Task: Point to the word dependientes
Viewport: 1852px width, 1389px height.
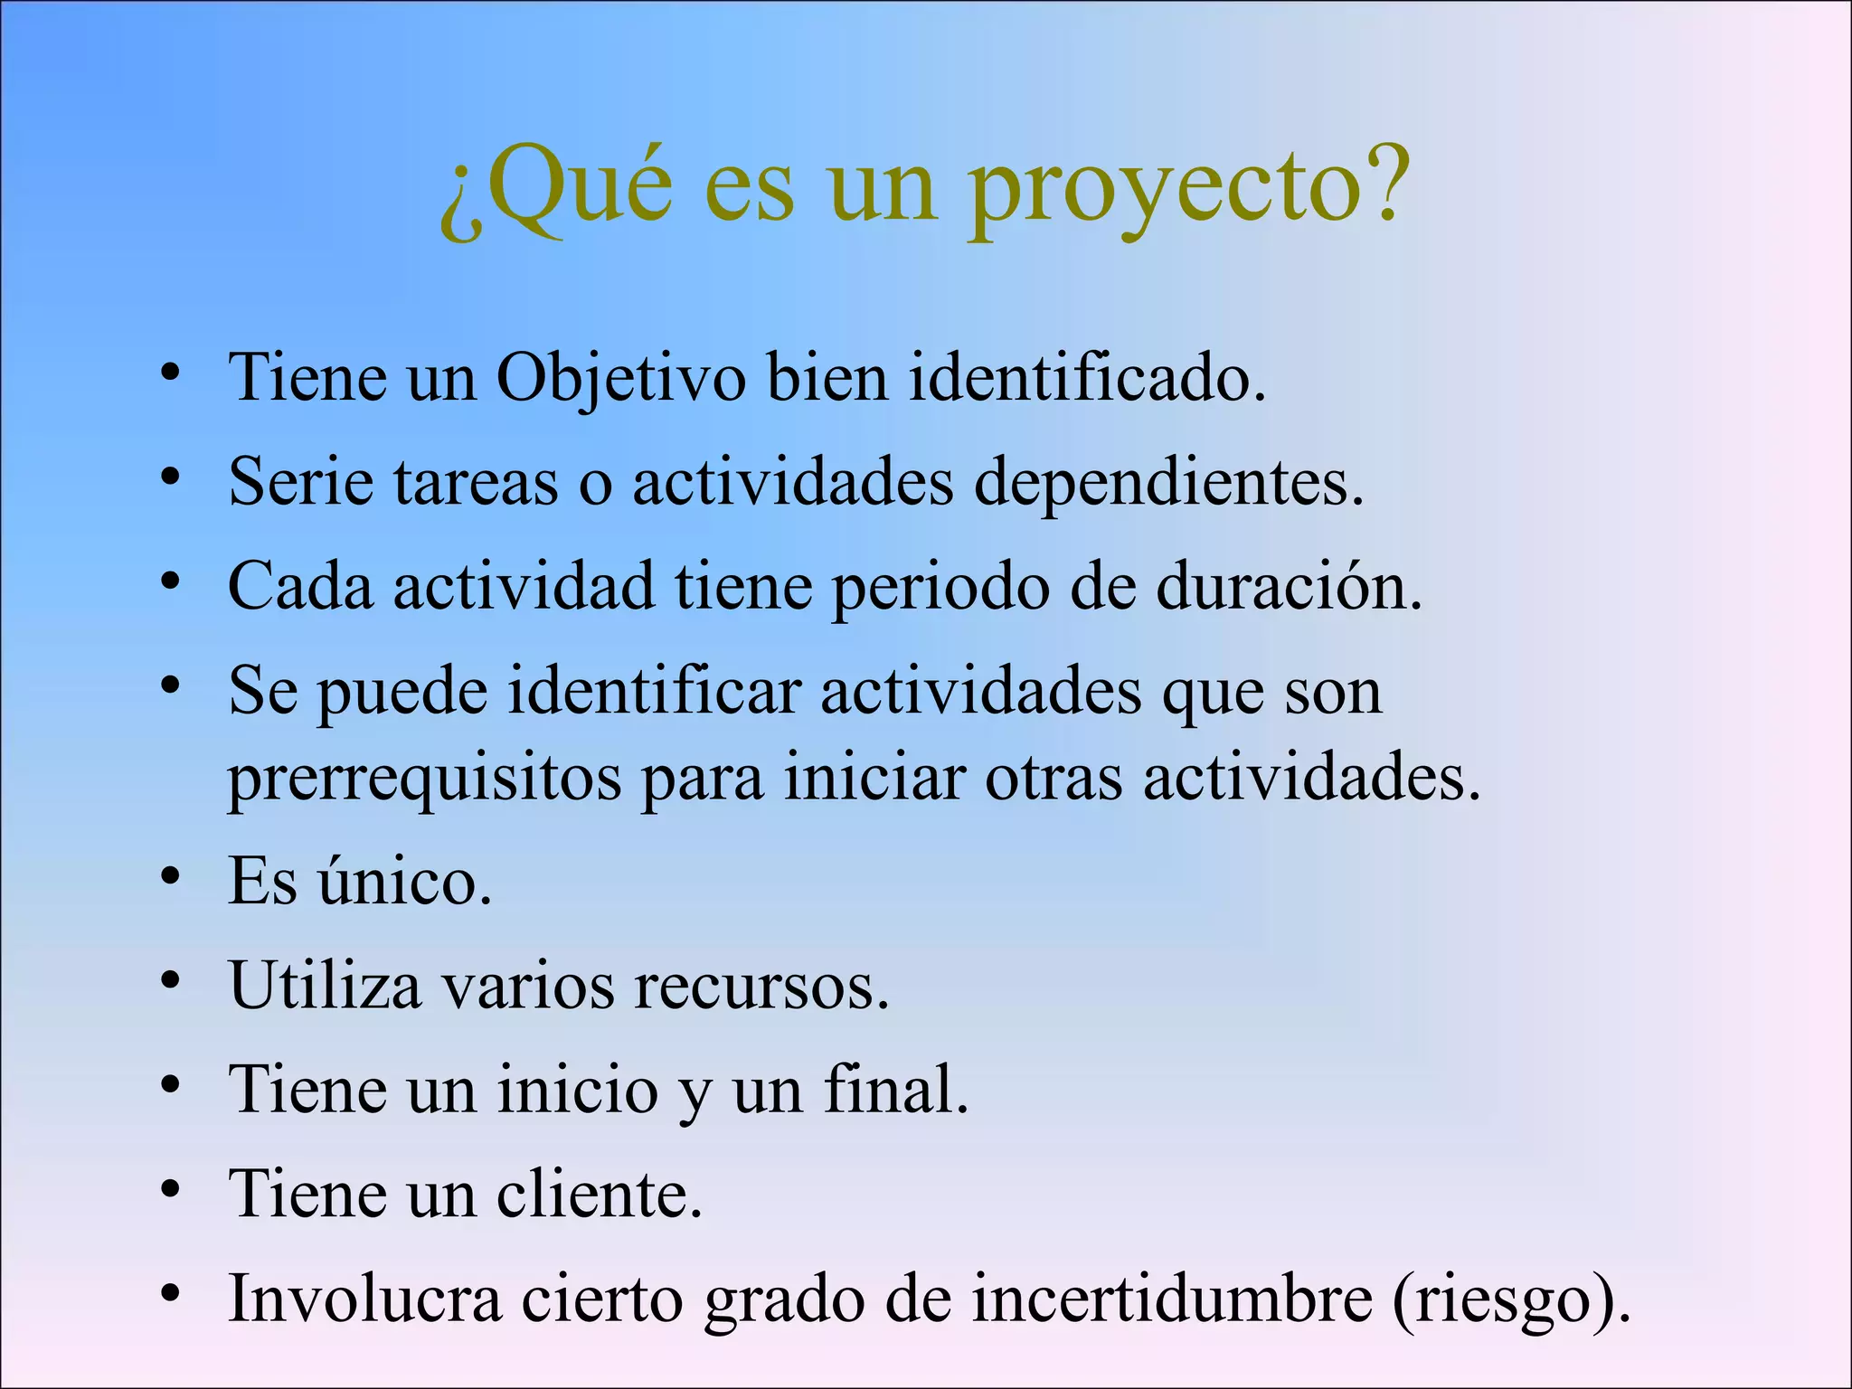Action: (x=1168, y=483)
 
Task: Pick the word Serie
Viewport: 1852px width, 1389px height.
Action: (x=301, y=481)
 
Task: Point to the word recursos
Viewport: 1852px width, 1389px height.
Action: (x=761, y=985)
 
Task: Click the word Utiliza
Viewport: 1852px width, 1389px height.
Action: (x=326, y=985)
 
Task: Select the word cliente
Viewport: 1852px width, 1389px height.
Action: (x=599, y=1195)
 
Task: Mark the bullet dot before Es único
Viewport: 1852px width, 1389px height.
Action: (x=170, y=876)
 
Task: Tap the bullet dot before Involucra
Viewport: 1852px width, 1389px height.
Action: (x=170, y=1294)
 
